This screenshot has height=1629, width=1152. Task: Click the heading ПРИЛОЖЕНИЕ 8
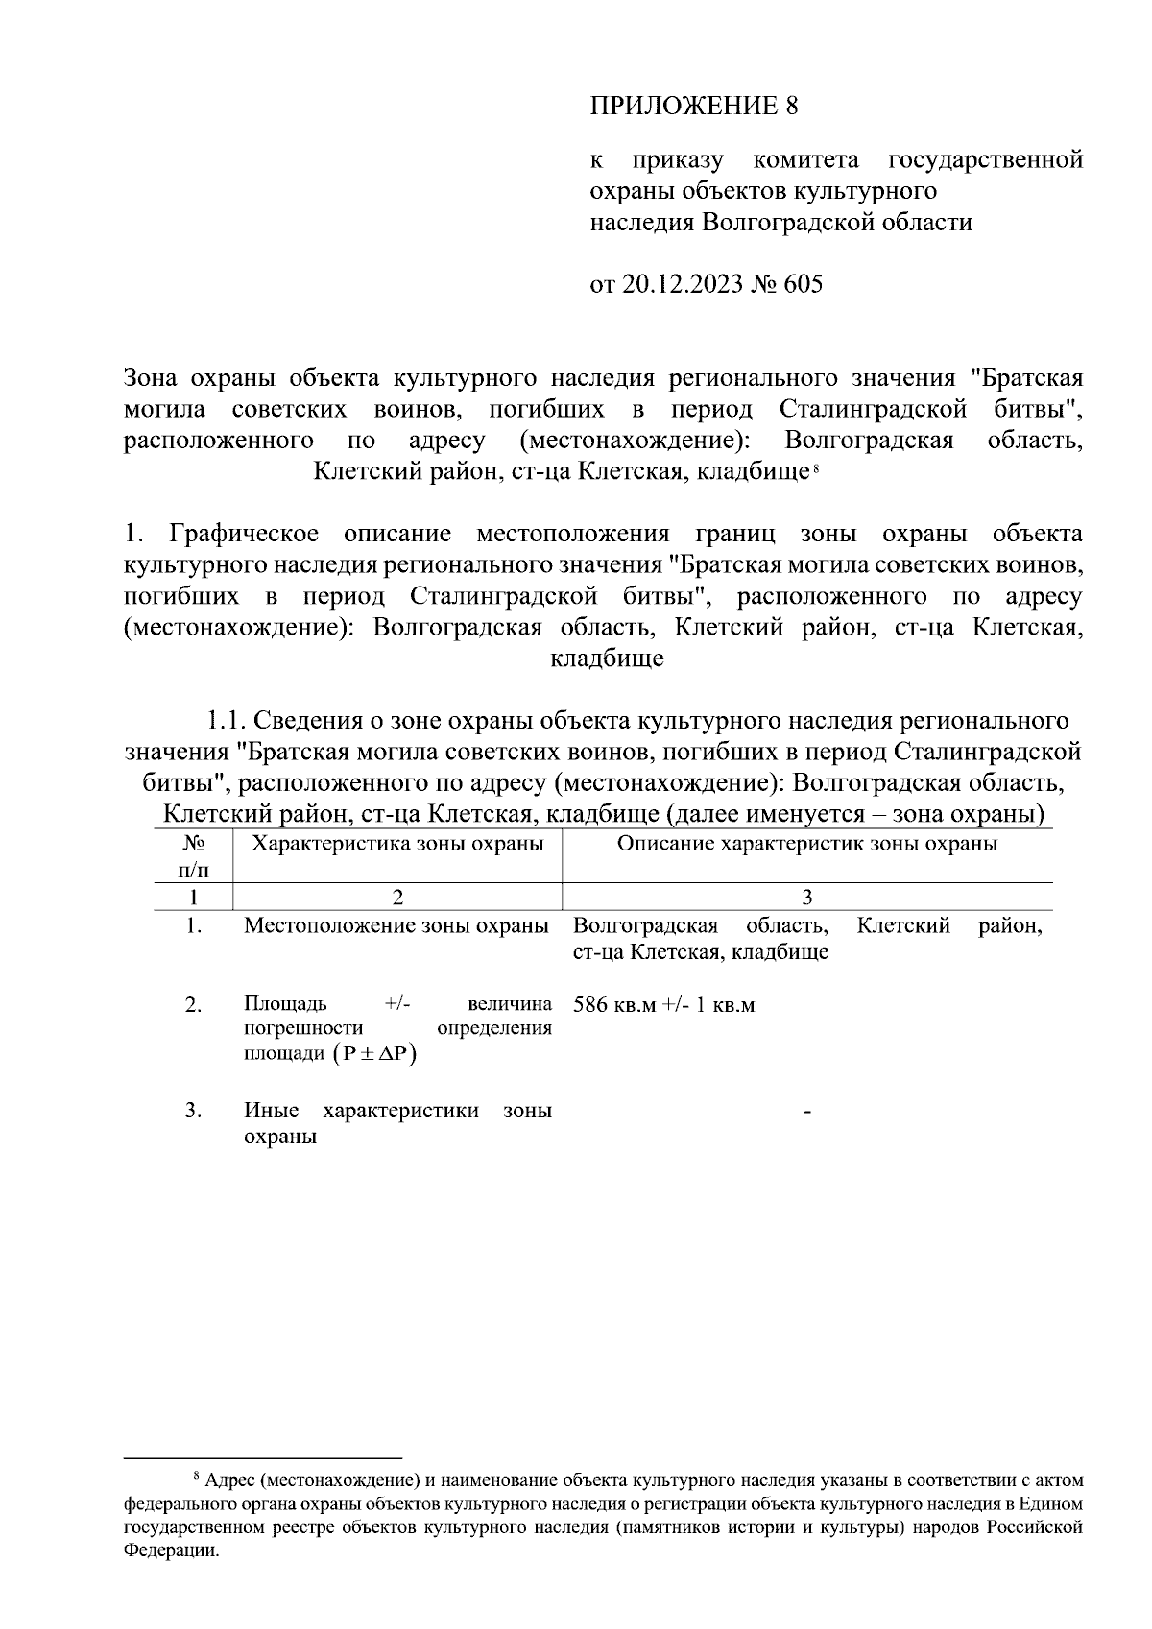coord(693,106)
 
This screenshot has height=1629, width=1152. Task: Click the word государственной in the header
coord(986,158)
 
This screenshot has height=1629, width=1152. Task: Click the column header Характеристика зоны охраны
coord(397,844)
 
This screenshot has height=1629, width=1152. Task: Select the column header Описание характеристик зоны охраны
coord(806,844)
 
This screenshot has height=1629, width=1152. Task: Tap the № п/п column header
coord(194,856)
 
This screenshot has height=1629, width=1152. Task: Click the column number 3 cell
coord(806,897)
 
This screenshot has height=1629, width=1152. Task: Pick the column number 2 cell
coord(397,897)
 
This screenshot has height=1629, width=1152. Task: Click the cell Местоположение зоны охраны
coord(396,926)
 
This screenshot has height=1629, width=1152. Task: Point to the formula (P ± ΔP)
coord(375,1054)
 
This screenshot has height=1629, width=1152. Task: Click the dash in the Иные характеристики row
coord(807,1112)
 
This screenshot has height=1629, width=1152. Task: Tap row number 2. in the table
coord(194,1005)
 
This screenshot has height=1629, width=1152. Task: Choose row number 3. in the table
coord(194,1111)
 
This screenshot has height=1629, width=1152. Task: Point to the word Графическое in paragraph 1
coord(244,534)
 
